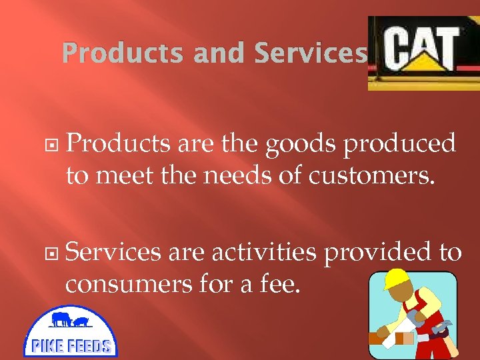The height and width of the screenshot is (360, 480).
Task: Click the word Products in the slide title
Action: point(122,53)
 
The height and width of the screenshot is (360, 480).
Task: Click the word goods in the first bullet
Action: point(301,144)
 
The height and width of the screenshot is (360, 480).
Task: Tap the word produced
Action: point(399,144)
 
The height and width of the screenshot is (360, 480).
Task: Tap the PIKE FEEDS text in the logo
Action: point(71,345)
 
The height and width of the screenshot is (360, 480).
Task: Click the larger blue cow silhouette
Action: point(61,319)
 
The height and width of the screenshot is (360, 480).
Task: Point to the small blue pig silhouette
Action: point(81,323)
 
